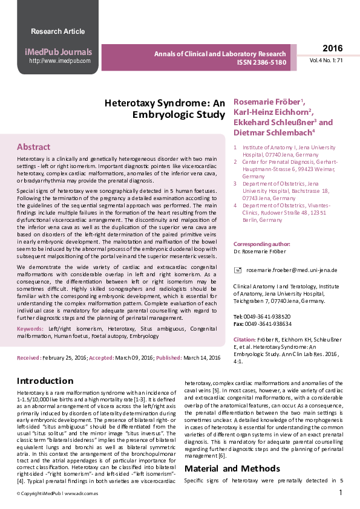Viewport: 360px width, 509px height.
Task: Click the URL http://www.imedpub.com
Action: coord(60,60)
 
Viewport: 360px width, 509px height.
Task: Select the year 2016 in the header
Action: coord(332,48)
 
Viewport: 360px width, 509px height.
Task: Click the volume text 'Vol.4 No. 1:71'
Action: coord(327,61)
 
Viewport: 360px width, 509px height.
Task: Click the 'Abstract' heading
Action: coord(34,147)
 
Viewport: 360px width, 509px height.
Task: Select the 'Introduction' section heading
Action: coord(45,381)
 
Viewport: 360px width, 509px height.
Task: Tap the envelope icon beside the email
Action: coord(238,270)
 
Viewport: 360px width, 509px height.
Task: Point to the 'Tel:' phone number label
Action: coord(238,316)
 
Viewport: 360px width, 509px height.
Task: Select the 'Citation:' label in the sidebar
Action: coord(244,340)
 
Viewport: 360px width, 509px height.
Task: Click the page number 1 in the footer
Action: coord(341,493)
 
